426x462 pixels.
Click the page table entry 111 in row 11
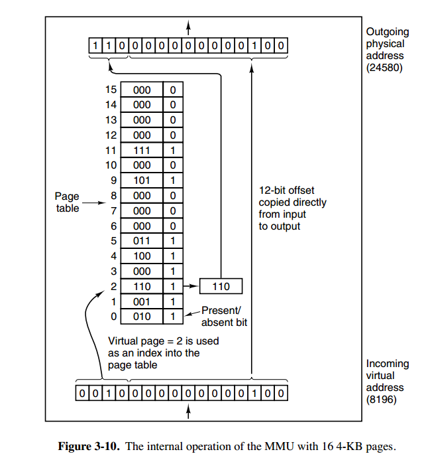(x=142, y=150)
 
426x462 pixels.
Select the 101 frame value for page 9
(x=142, y=181)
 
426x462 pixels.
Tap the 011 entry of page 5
(x=142, y=241)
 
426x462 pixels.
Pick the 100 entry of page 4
(x=142, y=256)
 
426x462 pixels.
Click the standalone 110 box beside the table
(x=221, y=286)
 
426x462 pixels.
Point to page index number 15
(x=111, y=90)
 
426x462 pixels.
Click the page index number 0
(x=113, y=317)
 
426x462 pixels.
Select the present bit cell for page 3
(x=172, y=271)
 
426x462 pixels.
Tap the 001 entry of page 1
(x=142, y=301)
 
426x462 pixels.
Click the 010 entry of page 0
(x=142, y=317)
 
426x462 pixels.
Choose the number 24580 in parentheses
(x=384, y=67)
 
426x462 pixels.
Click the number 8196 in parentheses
(x=382, y=399)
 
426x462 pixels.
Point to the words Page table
(x=67, y=202)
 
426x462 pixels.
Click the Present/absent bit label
(x=225, y=316)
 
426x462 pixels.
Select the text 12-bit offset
(x=287, y=191)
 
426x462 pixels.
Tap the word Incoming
(x=388, y=364)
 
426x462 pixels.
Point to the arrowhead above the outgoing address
(x=189, y=25)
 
